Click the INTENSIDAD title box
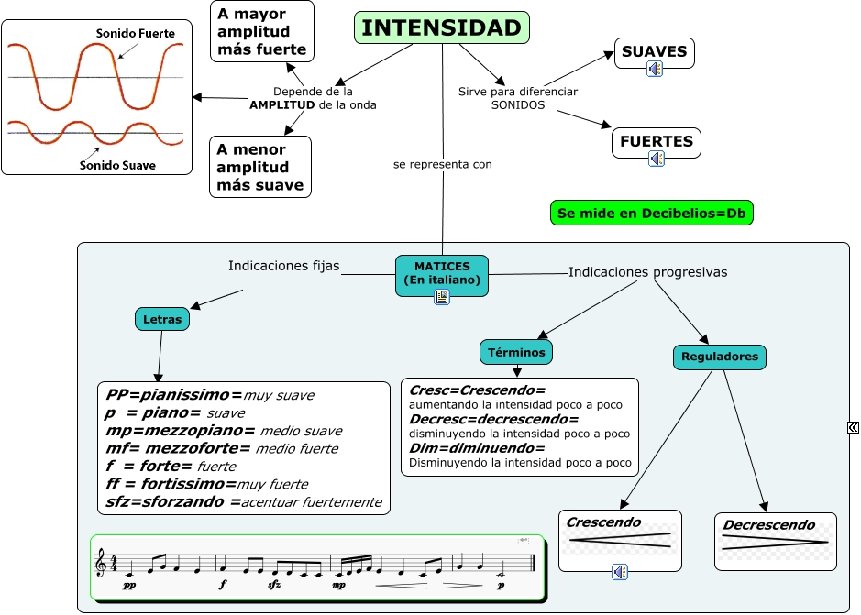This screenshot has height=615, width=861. pos(441,28)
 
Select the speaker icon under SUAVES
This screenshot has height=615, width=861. pos(654,69)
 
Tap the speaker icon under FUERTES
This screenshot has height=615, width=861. pos(657,159)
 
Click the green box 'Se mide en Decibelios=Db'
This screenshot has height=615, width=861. pos(651,214)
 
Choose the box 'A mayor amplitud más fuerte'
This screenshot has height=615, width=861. pos(261,31)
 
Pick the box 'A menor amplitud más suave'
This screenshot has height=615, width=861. pos(260,167)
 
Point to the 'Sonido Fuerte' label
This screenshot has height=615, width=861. pos(135,34)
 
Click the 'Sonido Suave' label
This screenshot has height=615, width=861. pos(117,166)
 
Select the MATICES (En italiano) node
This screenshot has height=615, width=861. pos(442,272)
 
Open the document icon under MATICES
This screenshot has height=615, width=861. pos(442,297)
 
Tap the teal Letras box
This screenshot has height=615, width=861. pos(163,319)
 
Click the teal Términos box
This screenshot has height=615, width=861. pos(516,352)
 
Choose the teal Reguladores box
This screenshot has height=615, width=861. pos(720,357)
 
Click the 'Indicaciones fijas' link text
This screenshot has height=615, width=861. pos(283,266)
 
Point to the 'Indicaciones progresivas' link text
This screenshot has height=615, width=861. pos(647,272)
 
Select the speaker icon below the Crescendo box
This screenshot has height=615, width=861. pos(621,572)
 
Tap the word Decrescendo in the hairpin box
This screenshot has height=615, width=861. pos(768,525)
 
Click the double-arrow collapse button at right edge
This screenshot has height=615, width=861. pos(853,426)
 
